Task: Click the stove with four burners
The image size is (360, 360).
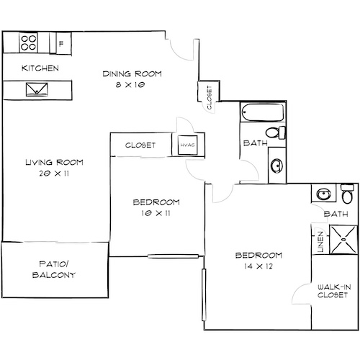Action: click(x=29, y=43)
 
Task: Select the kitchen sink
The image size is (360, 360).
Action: click(x=35, y=90)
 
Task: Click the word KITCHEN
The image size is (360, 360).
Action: click(x=40, y=68)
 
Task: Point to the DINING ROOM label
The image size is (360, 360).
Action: click(x=132, y=73)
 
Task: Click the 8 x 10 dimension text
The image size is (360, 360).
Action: click(x=132, y=84)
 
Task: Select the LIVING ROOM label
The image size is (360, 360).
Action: click(x=45, y=162)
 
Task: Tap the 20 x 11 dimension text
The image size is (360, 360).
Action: click(x=45, y=173)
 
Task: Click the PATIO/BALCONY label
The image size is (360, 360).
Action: click(x=55, y=270)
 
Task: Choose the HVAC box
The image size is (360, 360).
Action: click(x=187, y=145)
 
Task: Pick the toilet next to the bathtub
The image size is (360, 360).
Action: click(x=276, y=134)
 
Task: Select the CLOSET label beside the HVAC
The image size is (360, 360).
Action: click(x=141, y=145)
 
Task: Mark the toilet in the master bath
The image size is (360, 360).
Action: click(x=346, y=196)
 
